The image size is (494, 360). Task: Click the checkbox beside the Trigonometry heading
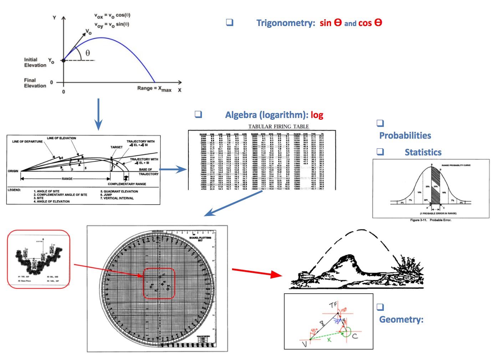[230, 22]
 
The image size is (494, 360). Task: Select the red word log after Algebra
[317, 115]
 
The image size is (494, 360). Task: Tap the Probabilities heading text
[405, 135]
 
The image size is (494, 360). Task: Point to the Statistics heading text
[423, 152]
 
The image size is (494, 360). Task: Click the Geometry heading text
[401, 319]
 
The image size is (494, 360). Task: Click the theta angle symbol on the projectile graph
[87, 53]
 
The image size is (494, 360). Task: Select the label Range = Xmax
[154, 88]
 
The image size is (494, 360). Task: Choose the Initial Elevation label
[35, 62]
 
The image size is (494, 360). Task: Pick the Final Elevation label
[35, 83]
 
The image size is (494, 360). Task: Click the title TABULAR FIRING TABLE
[279, 127]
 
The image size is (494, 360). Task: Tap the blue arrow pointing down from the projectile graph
[98, 114]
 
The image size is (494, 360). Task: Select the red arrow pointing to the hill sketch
[257, 273]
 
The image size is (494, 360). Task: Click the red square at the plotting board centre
[159, 283]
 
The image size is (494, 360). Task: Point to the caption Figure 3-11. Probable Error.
[431, 220]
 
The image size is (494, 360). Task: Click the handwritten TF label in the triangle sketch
[333, 305]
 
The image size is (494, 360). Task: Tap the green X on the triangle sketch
[329, 340]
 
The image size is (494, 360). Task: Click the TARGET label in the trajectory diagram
[116, 147]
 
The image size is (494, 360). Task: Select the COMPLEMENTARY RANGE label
[127, 184]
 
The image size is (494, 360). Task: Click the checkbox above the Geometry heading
[380, 307]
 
